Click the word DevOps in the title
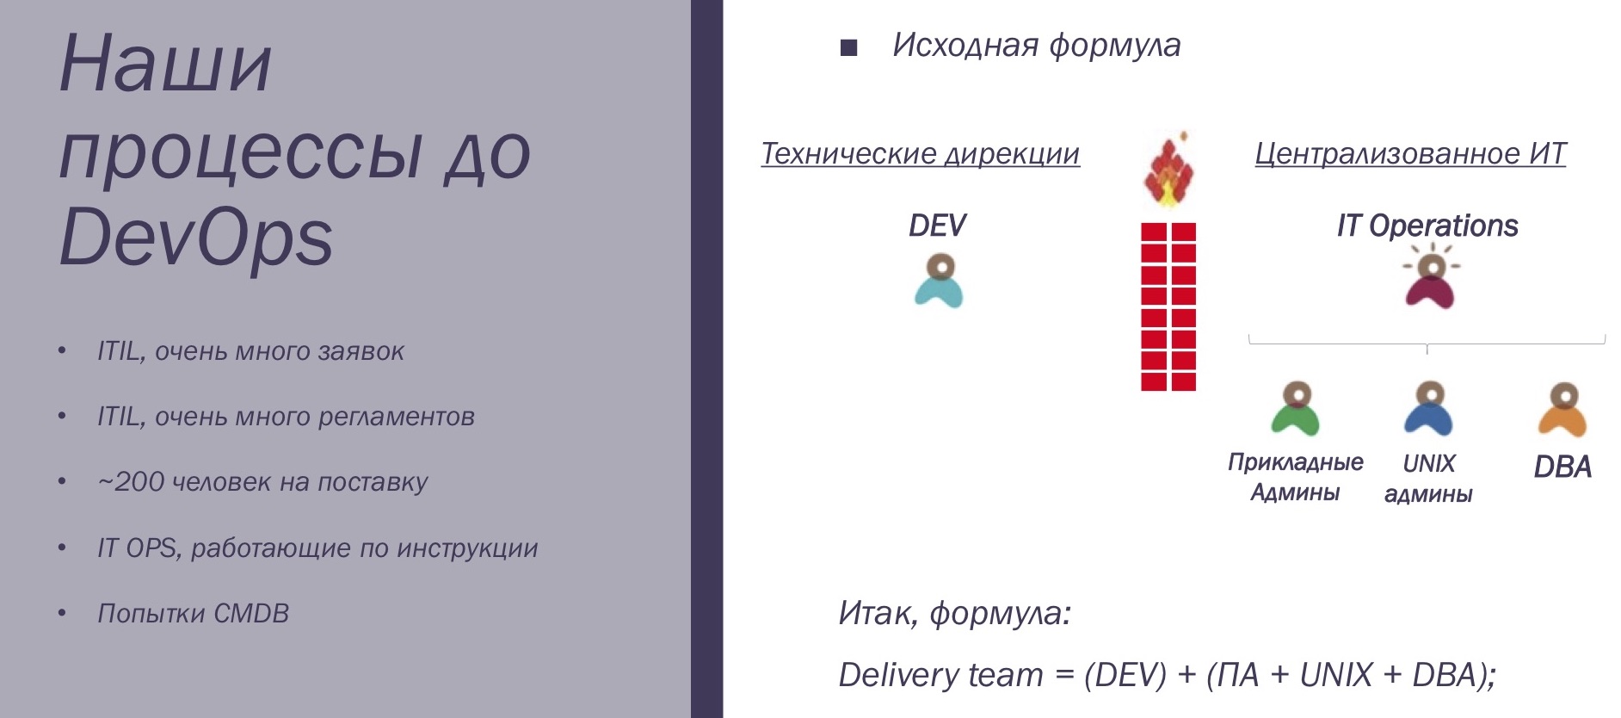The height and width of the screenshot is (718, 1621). pyautogui.click(x=196, y=238)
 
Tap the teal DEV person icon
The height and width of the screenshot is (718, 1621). pyautogui.click(x=939, y=282)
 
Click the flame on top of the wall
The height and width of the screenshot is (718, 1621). pyautogui.click(x=1168, y=172)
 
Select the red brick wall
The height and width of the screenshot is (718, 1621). pyautogui.click(x=1168, y=306)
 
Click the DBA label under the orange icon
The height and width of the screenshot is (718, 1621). pyautogui.click(x=1562, y=467)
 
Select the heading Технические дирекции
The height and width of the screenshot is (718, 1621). pyautogui.click(x=920, y=153)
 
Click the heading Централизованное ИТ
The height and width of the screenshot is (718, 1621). pyautogui.click(x=1410, y=153)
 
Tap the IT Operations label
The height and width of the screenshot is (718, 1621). pyautogui.click(x=1427, y=226)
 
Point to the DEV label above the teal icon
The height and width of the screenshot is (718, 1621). pyautogui.click(x=937, y=226)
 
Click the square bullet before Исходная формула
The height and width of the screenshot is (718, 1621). pyautogui.click(x=849, y=47)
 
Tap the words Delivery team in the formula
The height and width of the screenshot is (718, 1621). pyautogui.click(x=940, y=675)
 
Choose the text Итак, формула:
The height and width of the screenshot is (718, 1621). pyautogui.click(x=955, y=613)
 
